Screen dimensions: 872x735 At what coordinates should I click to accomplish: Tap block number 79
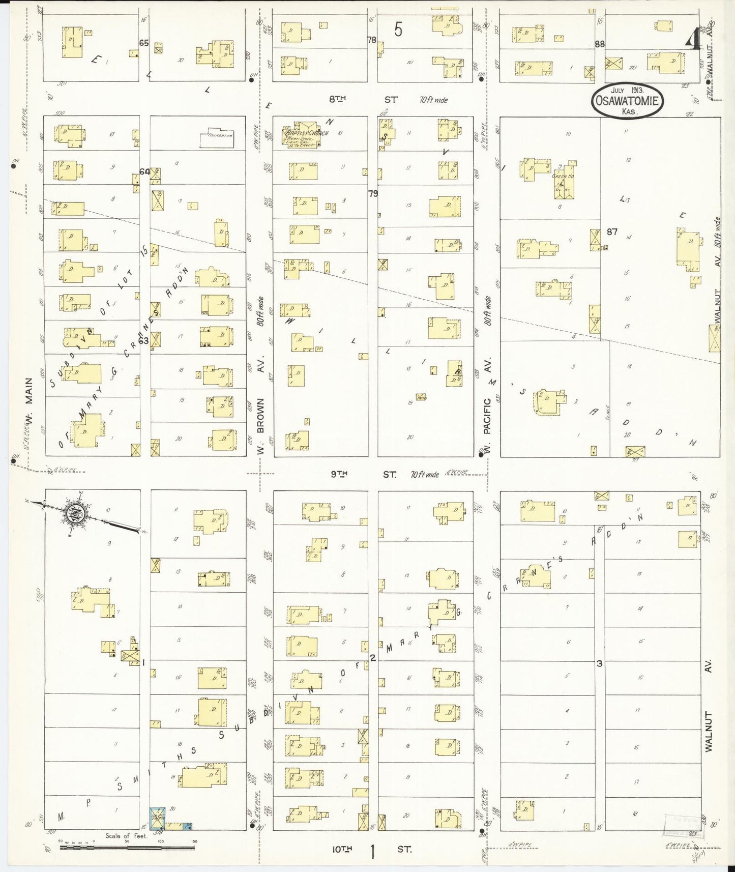coord(373,194)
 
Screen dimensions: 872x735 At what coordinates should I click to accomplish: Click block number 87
coord(611,232)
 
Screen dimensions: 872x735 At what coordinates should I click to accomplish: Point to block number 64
coord(144,172)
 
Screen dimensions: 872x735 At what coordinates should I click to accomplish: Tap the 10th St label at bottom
coord(371,849)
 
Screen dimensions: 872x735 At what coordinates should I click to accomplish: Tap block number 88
coord(600,44)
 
